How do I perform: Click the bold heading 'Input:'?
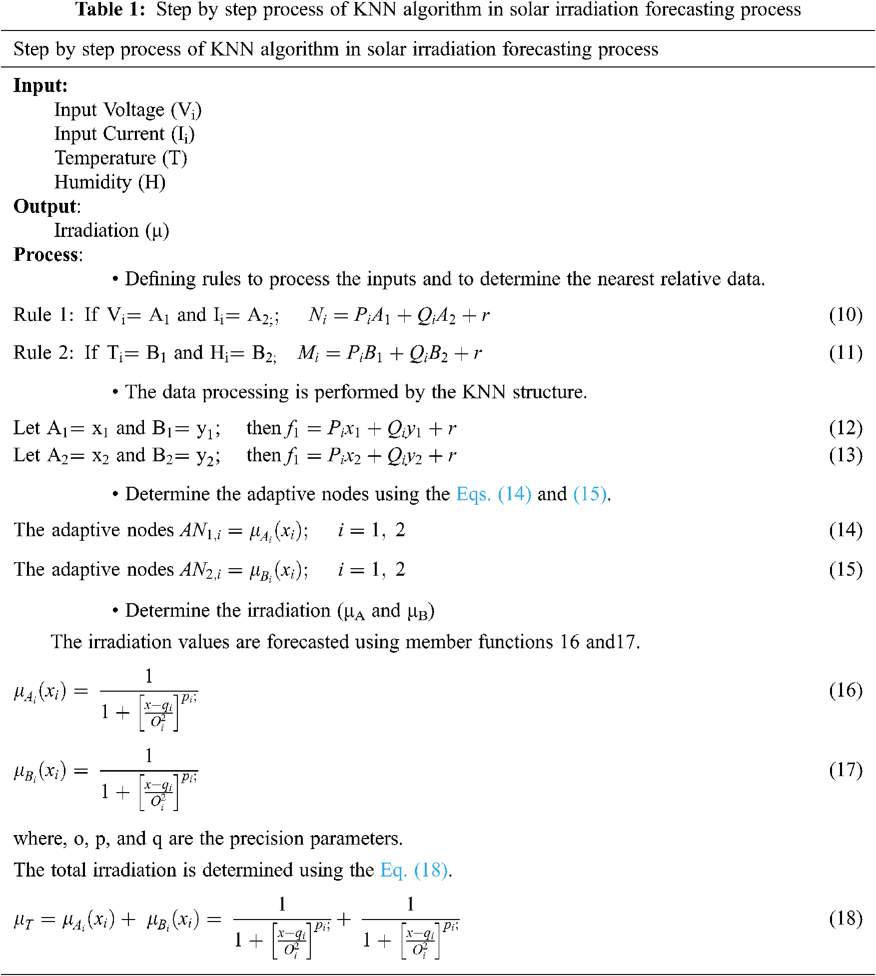click(x=40, y=85)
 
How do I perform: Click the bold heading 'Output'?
click(x=45, y=206)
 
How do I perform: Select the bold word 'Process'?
click(x=46, y=255)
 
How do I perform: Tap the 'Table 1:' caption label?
click(x=110, y=9)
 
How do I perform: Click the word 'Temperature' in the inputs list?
click(x=105, y=158)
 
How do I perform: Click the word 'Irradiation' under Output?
click(x=96, y=231)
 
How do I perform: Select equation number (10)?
click(x=846, y=315)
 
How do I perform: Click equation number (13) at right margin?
click(x=846, y=455)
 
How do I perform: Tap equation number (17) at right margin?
click(x=846, y=770)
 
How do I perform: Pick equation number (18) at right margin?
click(x=846, y=919)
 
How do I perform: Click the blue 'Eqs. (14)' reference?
click(x=493, y=494)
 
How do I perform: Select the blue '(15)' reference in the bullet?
click(x=590, y=494)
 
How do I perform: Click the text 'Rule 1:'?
click(x=43, y=315)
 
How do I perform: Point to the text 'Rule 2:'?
click(x=43, y=353)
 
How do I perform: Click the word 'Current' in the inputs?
click(x=134, y=134)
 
